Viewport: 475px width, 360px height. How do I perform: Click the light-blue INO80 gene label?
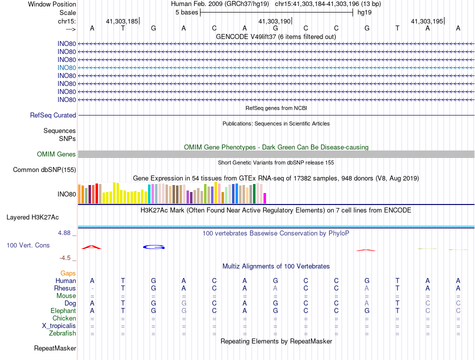tap(66, 67)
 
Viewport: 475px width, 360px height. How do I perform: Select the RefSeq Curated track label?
tap(53, 115)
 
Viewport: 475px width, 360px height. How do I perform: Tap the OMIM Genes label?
tap(56, 154)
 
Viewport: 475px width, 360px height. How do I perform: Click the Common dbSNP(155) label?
tap(44, 170)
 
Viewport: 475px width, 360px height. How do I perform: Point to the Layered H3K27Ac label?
tap(32, 217)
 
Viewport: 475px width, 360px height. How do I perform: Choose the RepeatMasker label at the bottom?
tap(55, 348)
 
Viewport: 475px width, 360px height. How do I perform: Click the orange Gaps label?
tap(68, 273)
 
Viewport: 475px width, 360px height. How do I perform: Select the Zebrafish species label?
tap(62, 333)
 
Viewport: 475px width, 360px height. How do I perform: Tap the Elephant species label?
tap(63, 311)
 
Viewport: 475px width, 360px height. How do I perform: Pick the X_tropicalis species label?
tap(59, 326)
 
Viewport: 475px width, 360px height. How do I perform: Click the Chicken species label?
tap(64, 318)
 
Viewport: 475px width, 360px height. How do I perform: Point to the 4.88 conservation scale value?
tap(66, 233)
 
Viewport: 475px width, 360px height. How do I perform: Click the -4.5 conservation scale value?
tap(66, 258)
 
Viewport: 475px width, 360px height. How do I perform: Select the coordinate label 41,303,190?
tap(274, 21)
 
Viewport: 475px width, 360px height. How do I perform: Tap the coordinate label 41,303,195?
tap(426, 21)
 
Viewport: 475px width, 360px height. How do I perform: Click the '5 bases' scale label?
tap(187, 12)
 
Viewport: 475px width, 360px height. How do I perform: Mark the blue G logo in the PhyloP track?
tap(154, 247)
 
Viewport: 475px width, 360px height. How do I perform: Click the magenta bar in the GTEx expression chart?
tap(264, 198)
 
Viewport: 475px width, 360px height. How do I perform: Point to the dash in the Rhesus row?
tap(92, 288)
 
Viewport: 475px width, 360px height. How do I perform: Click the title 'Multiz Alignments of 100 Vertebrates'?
tap(276, 266)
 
